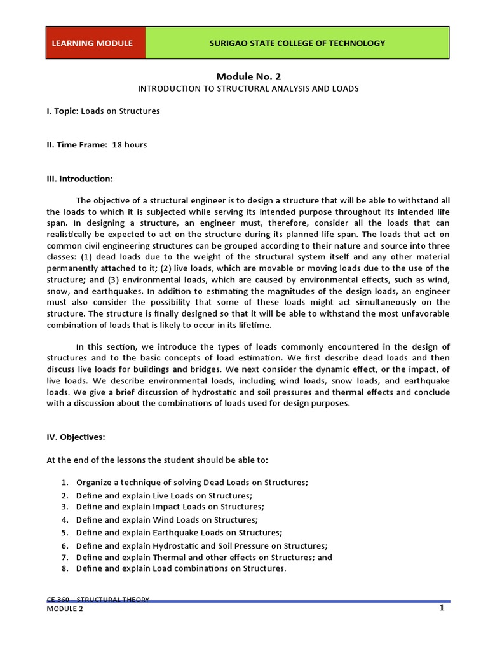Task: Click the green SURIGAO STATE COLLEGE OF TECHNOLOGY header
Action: (297, 43)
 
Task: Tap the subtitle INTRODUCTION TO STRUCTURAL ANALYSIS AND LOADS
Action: (248, 88)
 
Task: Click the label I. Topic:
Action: (62, 111)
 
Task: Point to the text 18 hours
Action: (130, 145)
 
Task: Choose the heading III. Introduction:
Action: (79, 179)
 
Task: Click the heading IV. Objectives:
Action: (76, 438)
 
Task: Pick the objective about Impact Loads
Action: (170, 507)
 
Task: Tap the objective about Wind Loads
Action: (166, 519)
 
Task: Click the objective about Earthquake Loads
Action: (179, 532)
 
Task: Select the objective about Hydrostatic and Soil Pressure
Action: (201, 545)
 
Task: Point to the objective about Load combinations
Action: (181, 568)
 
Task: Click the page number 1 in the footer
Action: (441, 608)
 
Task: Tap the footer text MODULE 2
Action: (65, 609)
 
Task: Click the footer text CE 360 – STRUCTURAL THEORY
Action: (98, 599)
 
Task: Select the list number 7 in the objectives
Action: (64, 558)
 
